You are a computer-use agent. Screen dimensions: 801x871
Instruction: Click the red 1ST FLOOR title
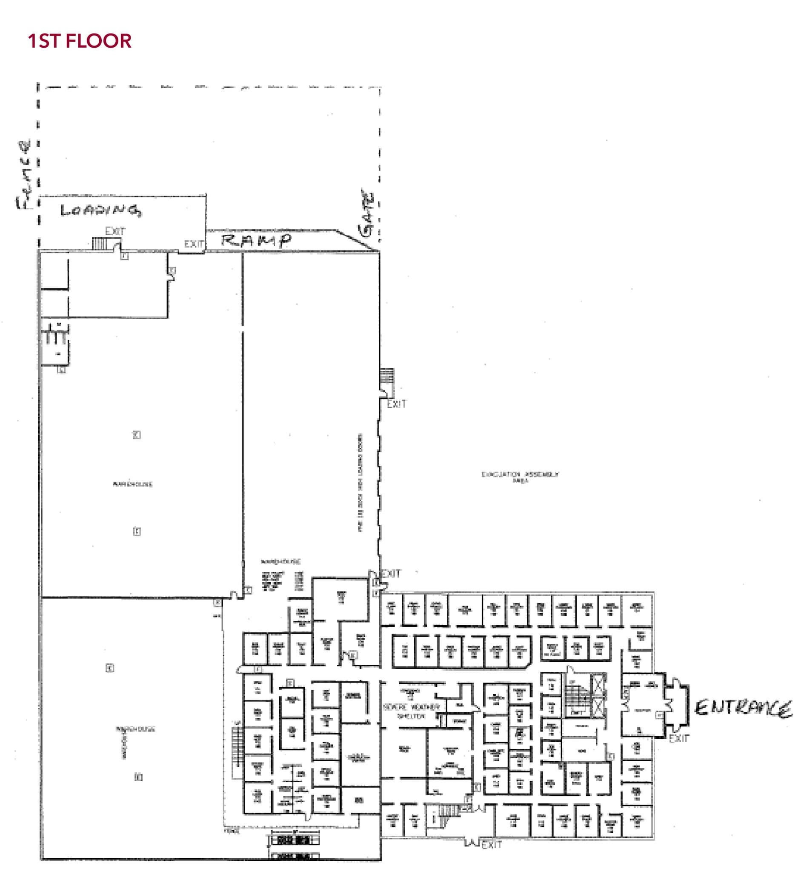point(79,41)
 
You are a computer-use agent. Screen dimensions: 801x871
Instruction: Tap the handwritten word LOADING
point(100,211)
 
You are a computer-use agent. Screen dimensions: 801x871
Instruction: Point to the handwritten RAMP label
point(256,240)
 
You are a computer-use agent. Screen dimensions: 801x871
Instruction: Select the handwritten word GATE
point(366,213)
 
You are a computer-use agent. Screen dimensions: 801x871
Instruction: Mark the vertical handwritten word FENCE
point(24,175)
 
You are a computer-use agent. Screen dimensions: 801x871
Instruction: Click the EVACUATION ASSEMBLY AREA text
point(520,476)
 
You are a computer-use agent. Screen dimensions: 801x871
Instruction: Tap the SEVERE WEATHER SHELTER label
point(411,712)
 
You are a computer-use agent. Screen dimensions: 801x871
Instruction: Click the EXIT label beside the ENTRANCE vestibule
point(678,738)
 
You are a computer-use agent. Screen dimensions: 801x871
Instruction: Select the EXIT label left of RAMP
point(193,244)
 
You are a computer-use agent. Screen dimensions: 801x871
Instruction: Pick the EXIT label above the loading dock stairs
point(115,231)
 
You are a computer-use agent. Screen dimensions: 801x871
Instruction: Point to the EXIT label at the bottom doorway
point(491,845)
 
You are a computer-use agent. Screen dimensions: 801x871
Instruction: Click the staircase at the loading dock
point(99,243)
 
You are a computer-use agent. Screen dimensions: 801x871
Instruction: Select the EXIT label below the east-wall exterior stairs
point(396,404)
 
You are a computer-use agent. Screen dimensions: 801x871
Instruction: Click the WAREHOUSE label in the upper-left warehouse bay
point(132,484)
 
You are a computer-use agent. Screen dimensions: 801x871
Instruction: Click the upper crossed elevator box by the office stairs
point(598,685)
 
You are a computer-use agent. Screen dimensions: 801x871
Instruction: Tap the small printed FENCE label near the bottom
point(232,831)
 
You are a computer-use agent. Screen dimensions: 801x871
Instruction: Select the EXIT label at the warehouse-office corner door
point(391,574)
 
